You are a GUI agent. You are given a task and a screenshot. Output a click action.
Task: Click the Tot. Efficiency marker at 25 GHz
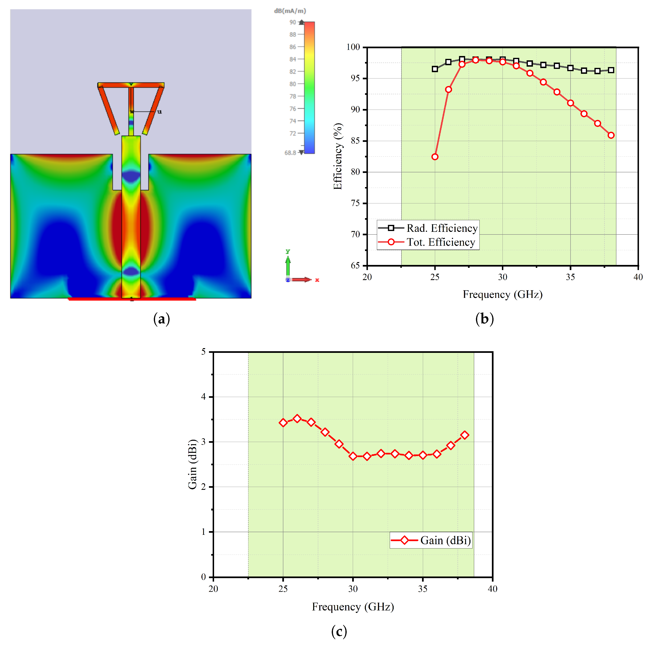(x=435, y=157)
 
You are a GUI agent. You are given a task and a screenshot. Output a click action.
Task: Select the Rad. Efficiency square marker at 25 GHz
(x=435, y=69)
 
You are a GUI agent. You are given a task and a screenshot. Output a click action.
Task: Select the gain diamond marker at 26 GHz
(x=297, y=418)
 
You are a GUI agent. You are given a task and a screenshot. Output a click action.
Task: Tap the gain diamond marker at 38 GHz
(x=465, y=435)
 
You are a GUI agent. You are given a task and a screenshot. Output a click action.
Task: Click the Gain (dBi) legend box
(x=431, y=540)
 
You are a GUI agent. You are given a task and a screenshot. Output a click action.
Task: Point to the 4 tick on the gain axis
(x=203, y=397)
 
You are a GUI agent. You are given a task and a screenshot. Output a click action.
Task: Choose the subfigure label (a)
(x=162, y=319)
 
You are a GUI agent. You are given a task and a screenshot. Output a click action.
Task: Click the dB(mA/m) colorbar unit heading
(x=290, y=11)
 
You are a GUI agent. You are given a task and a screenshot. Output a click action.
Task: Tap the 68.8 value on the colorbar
(x=290, y=153)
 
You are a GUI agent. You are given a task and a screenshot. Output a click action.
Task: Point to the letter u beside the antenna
(x=160, y=112)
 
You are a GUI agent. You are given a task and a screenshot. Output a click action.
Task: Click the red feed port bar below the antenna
(x=132, y=299)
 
